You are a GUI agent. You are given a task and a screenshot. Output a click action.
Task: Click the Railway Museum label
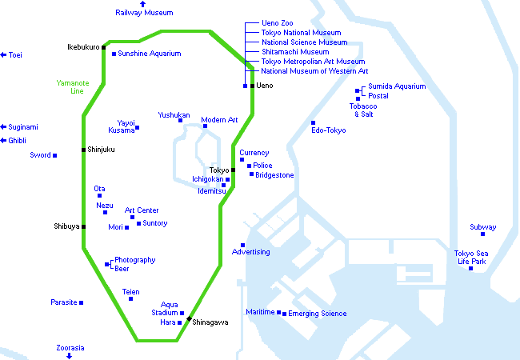pos(144,13)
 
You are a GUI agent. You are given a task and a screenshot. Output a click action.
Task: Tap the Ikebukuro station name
pos(83,47)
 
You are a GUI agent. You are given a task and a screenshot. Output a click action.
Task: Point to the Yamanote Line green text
pos(70,86)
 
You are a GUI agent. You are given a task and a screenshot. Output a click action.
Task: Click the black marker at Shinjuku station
pos(83,150)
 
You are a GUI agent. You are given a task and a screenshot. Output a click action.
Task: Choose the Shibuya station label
pos(66,226)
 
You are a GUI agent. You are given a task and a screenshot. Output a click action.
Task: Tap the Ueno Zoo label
pos(278,23)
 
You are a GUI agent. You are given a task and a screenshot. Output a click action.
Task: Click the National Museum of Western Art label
pos(314,71)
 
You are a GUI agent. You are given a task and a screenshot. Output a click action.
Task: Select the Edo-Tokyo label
pos(329,130)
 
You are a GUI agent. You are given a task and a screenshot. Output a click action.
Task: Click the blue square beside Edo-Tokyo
pos(313,122)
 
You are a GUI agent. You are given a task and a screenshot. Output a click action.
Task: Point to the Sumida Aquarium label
pos(397,86)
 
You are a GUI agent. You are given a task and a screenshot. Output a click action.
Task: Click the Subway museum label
pos(482,227)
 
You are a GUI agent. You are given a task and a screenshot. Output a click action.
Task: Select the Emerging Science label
pos(318,314)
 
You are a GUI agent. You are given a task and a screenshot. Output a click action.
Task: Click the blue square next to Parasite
pos(81,302)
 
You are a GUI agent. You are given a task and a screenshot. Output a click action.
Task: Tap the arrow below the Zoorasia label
pos(70,355)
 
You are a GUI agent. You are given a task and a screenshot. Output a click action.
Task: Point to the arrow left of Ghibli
pos(3,140)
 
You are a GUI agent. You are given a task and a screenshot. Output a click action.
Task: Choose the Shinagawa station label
pos(210,322)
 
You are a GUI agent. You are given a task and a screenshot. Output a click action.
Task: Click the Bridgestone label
pos(274,175)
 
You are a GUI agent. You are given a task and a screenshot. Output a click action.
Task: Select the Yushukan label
pos(174,115)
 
